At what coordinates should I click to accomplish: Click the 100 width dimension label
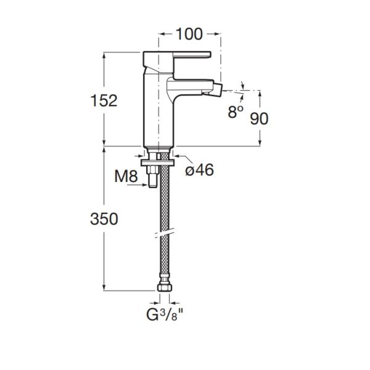[x=189, y=34]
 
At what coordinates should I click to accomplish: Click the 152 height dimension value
[x=104, y=101]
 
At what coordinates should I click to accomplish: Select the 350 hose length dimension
[x=104, y=219]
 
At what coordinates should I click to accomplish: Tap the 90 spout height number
[x=259, y=118]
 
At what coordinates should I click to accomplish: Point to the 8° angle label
[x=236, y=112]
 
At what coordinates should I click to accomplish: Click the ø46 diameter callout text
[x=199, y=170]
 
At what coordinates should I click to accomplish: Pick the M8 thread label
[x=126, y=176]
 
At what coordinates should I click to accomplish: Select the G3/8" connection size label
[x=165, y=314]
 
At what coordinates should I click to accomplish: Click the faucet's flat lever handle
[x=192, y=54]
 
